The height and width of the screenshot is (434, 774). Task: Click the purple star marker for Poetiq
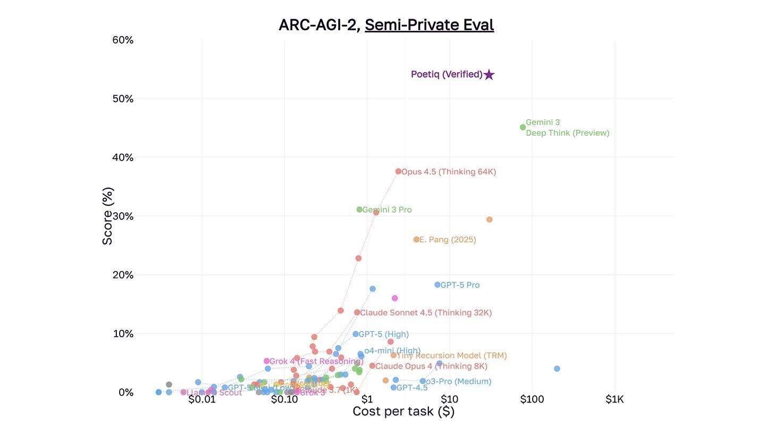point(489,75)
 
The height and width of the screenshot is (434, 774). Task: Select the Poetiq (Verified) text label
point(447,74)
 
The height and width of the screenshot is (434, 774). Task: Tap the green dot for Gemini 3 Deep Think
point(523,127)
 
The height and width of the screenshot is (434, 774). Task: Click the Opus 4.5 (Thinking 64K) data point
point(398,171)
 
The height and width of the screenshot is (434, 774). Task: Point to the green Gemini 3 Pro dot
point(359,210)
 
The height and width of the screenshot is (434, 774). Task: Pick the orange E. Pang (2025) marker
point(416,240)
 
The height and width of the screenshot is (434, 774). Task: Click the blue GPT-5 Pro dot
point(437,285)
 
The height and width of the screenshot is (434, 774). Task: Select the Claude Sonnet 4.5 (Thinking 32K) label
point(426,313)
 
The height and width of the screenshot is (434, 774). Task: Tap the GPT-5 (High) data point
point(356,334)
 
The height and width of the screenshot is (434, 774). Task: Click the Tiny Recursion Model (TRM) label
point(452,355)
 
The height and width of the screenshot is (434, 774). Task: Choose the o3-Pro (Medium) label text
point(458,381)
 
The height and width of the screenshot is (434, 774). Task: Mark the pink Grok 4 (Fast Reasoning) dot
point(266,361)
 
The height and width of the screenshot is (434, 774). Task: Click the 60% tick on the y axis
point(123,40)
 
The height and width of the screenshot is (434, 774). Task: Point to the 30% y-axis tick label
point(123,216)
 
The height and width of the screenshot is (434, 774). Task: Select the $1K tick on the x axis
point(615,399)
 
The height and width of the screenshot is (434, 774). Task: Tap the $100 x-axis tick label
point(532,399)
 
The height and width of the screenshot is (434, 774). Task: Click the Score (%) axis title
point(107,216)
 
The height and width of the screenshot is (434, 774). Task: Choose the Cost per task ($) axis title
point(403,411)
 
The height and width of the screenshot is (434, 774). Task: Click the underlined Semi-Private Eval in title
point(429,25)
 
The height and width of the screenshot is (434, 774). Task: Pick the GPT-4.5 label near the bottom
point(412,388)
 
